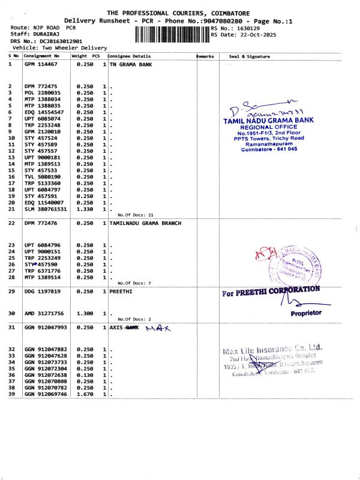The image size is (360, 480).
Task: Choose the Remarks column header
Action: [x=205, y=56]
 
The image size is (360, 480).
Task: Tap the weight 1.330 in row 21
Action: [x=85, y=209]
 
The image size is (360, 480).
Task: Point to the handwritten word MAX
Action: [x=158, y=328]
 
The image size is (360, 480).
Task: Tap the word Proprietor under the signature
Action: [x=306, y=313]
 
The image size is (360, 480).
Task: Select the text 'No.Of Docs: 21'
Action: [x=136, y=214]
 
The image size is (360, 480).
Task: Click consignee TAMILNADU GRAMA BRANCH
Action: [x=146, y=223]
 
